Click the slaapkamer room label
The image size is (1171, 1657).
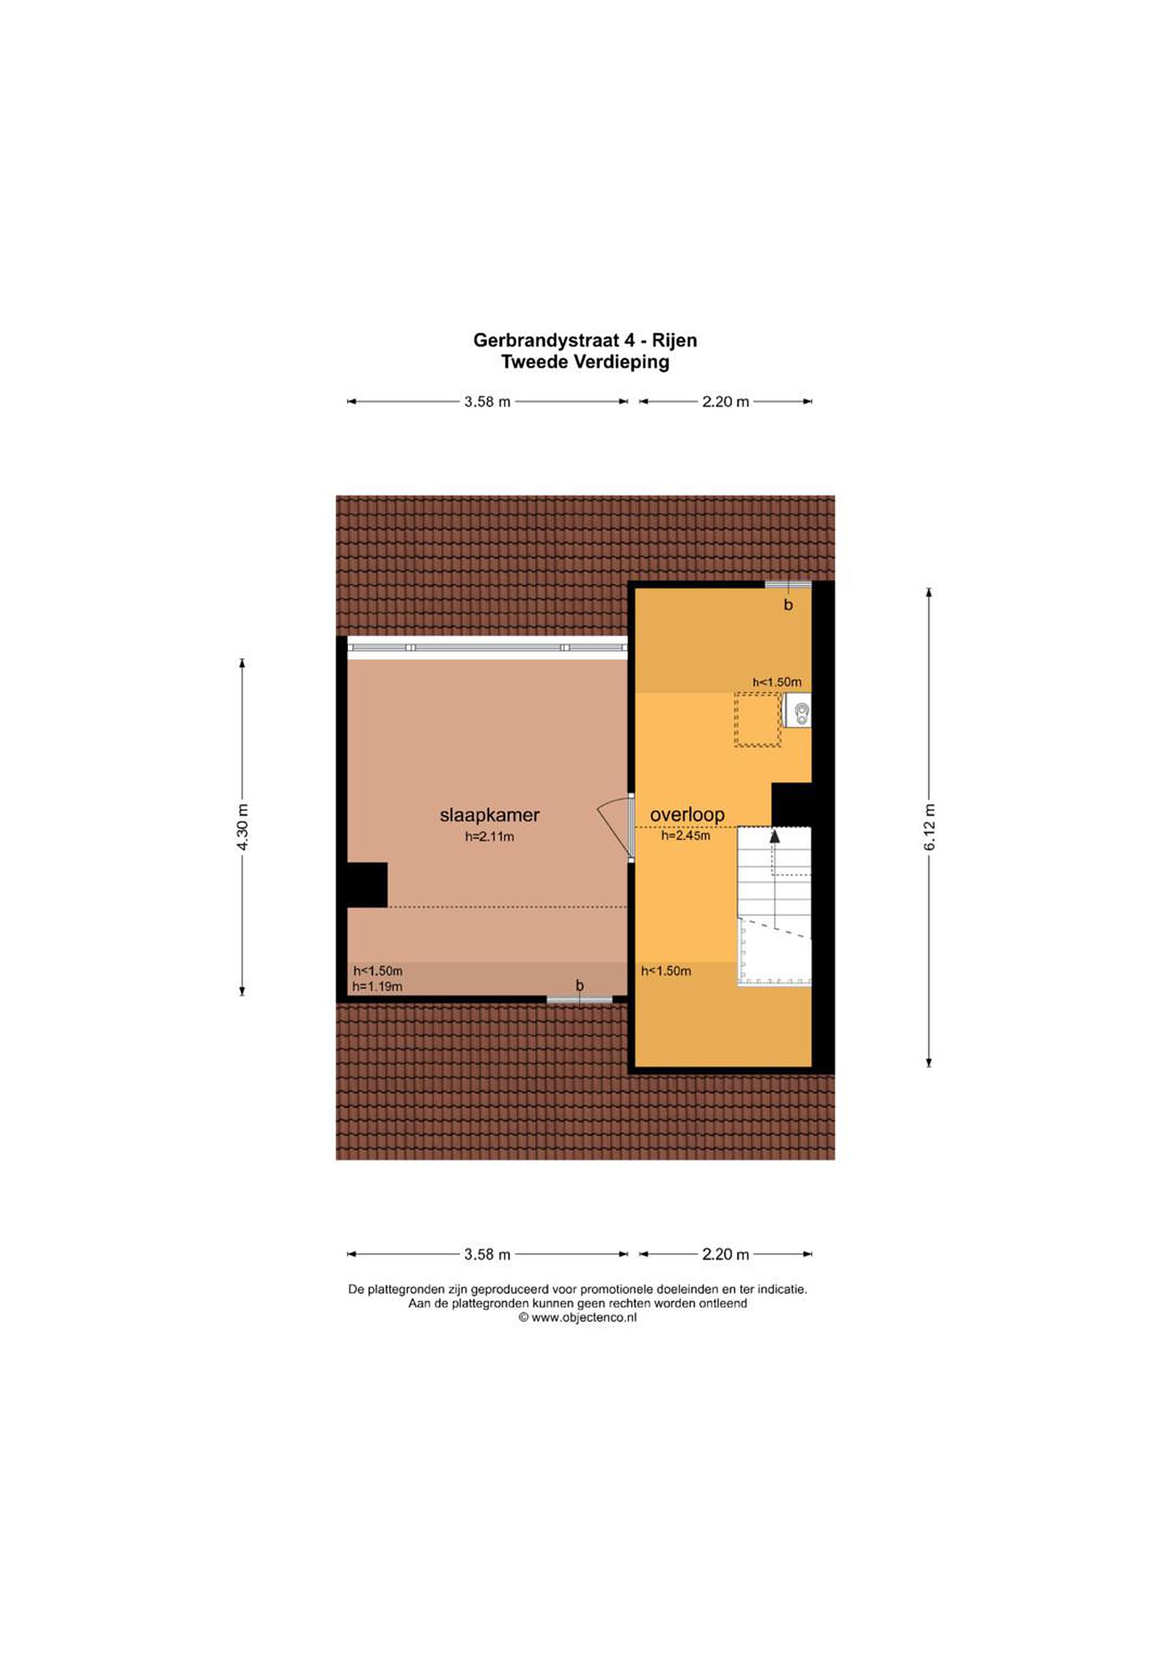pyautogui.click(x=489, y=815)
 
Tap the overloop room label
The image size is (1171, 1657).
pyautogui.click(x=687, y=815)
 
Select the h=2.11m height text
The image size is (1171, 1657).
pyautogui.click(x=489, y=837)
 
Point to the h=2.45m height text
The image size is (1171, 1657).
pyautogui.click(x=686, y=836)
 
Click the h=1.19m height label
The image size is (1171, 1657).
pyautogui.click(x=377, y=987)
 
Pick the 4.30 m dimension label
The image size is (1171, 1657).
pyautogui.click(x=243, y=827)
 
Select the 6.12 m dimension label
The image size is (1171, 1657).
pyautogui.click(x=929, y=827)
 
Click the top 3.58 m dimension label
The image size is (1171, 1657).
pyautogui.click(x=487, y=402)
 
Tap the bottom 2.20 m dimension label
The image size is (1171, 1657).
pyautogui.click(x=726, y=1254)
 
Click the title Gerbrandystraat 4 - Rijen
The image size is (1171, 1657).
pyautogui.click(x=585, y=340)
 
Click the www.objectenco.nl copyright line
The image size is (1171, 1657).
pyautogui.click(x=577, y=1317)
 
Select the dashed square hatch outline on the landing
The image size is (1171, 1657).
pyautogui.click(x=757, y=719)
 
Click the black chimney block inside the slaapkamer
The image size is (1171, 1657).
pyautogui.click(x=368, y=885)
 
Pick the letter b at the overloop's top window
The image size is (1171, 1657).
pyautogui.click(x=788, y=605)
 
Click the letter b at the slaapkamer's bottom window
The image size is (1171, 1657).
pyautogui.click(x=579, y=986)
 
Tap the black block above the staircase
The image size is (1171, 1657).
pyautogui.click(x=791, y=805)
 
